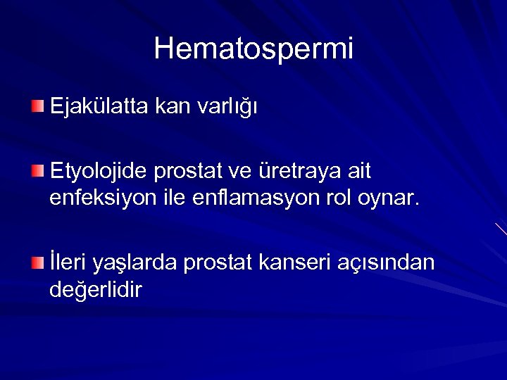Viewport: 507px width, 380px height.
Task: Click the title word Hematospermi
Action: coord(254,49)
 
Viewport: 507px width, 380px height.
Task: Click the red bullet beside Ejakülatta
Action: coord(37,106)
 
